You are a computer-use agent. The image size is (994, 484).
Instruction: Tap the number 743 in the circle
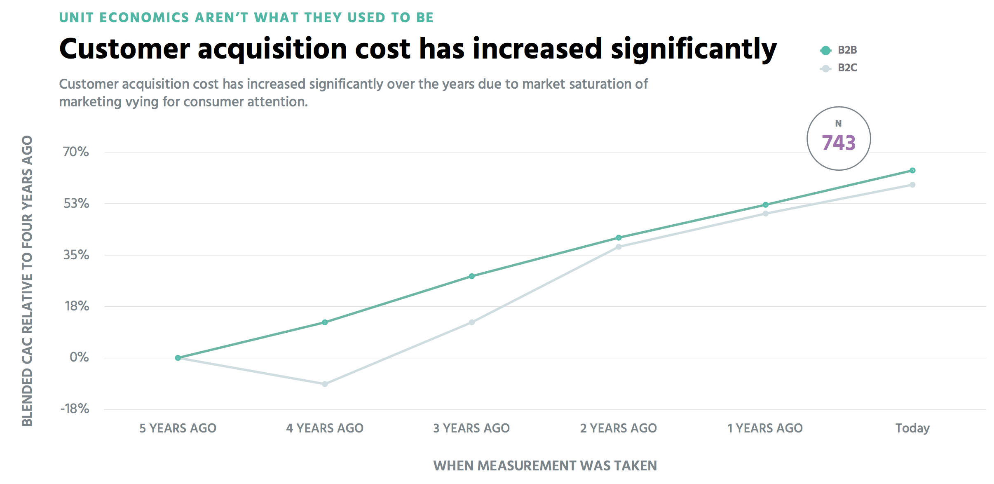click(839, 143)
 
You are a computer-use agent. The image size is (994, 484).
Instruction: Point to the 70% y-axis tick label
click(76, 152)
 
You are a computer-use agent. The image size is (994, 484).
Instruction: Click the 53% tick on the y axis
click(76, 203)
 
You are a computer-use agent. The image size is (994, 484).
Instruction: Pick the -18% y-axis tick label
click(75, 409)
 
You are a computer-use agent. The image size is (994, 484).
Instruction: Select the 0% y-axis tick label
click(79, 357)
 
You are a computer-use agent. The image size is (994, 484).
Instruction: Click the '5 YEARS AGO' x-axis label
click(178, 428)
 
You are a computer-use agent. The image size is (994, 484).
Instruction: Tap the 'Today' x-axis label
click(912, 428)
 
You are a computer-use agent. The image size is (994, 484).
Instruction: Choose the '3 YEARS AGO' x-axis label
click(471, 428)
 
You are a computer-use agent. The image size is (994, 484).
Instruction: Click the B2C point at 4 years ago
click(325, 384)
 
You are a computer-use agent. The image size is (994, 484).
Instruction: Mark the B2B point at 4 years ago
click(325, 322)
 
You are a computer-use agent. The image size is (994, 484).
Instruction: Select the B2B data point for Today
click(912, 170)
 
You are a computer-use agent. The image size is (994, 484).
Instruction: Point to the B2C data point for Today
click(912, 185)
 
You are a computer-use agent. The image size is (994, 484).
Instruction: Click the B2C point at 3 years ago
click(471, 322)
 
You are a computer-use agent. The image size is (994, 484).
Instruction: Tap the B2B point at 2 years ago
click(619, 237)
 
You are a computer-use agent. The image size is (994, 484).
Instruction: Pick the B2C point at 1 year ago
click(765, 214)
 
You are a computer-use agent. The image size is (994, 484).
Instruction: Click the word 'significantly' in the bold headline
click(694, 49)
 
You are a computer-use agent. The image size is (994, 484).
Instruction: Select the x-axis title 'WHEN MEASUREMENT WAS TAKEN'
click(545, 466)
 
